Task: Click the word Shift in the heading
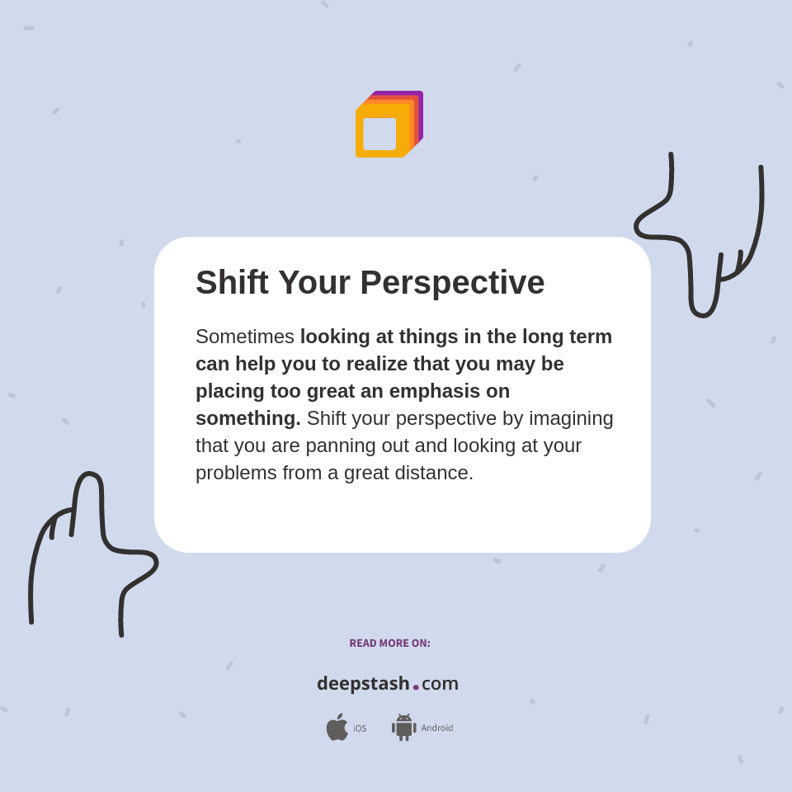coord(232,282)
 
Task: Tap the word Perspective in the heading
coord(452,282)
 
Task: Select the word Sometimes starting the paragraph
coord(244,337)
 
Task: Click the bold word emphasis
coord(437,391)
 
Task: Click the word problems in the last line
coord(236,473)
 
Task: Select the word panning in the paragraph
coord(340,445)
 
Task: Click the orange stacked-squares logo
coord(389,124)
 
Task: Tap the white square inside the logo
coord(379,134)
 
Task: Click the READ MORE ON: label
coord(389,643)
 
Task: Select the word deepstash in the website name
coord(363,684)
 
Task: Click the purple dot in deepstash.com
coord(416,687)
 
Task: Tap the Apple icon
coord(337,727)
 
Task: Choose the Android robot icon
coord(403,727)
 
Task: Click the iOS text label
coord(360,728)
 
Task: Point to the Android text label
coord(437,728)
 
